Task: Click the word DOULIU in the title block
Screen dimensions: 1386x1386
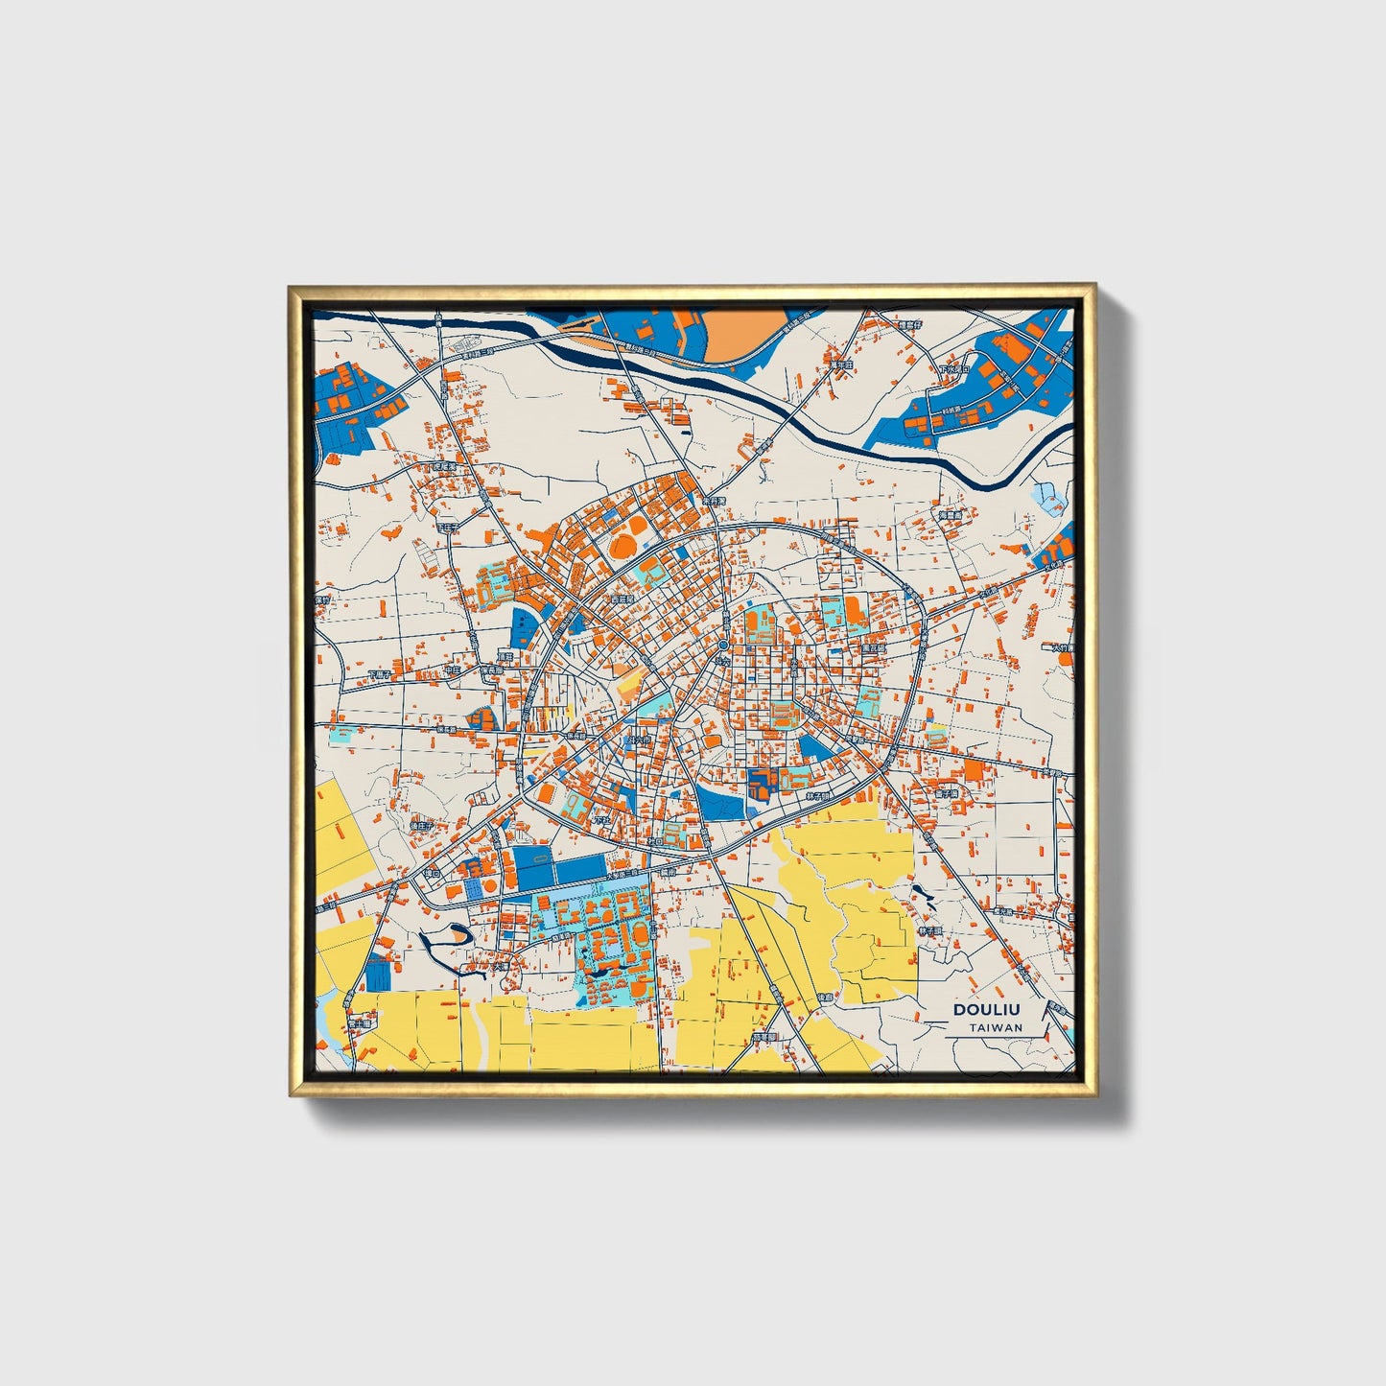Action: pos(987,1010)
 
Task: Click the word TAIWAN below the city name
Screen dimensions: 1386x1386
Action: pos(995,1027)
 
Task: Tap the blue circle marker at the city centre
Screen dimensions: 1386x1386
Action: pos(723,646)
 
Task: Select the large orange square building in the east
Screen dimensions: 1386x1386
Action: pos(975,770)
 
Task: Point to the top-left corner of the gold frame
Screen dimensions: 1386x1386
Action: pos(291,287)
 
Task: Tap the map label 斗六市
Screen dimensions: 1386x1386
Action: pos(637,741)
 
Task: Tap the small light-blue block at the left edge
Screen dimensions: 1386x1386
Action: pos(341,738)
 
